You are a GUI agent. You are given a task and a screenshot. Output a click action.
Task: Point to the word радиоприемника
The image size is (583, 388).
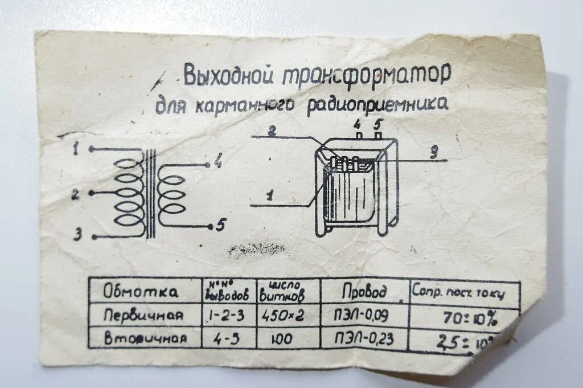point(377,104)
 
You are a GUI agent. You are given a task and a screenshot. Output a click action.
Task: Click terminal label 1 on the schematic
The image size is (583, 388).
point(76,149)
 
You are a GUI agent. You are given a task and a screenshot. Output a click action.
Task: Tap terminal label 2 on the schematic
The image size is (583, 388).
point(75,195)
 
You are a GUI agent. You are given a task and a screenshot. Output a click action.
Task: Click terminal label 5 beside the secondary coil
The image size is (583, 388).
point(220,226)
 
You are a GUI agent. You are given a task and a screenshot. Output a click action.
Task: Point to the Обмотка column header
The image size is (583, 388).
point(141,292)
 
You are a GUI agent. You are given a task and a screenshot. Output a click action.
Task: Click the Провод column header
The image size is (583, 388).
point(364,292)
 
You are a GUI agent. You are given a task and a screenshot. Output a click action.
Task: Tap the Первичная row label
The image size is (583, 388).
point(143,315)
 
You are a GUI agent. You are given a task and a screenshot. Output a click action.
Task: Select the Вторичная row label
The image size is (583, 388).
point(145,338)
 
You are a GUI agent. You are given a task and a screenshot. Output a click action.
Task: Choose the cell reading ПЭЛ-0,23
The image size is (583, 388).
point(366,340)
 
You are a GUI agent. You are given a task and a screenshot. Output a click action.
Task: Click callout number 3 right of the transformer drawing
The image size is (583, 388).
point(433,152)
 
